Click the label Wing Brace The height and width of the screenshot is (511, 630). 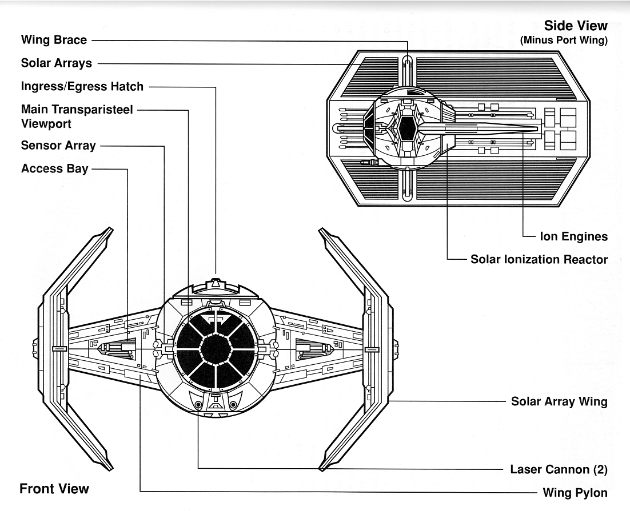pyautogui.click(x=54, y=40)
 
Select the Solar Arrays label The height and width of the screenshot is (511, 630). pyautogui.click(x=56, y=63)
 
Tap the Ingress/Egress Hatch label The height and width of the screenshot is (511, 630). pyautogui.click(x=82, y=86)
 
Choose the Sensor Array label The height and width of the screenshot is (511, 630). pyautogui.click(x=58, y=146)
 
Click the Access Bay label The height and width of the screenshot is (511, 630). pyautogui.click(x=54, y=168)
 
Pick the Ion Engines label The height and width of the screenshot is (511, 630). pyautogui.click(x=573, y=236)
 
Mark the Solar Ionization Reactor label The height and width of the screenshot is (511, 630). pyautogui.click(x=539, y=259)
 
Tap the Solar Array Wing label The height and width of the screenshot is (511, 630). pyautogui.click(x=559, y=401)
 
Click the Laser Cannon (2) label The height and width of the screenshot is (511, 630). pyautogui.click(x=558, y=469)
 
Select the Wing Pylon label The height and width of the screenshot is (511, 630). pyautogui.click(x=575, y=492)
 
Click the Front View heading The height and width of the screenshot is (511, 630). pyautogui.click(x=54, y=488)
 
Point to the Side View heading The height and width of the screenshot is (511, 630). pyautogui.click(x=575, y=26)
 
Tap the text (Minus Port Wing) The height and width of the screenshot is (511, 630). pyautogui.click(x=564, y=41)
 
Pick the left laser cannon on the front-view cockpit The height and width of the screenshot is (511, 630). pyautogui.click(x=198, y=405)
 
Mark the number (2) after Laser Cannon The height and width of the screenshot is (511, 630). pyautogui.click(x=599, y=469)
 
